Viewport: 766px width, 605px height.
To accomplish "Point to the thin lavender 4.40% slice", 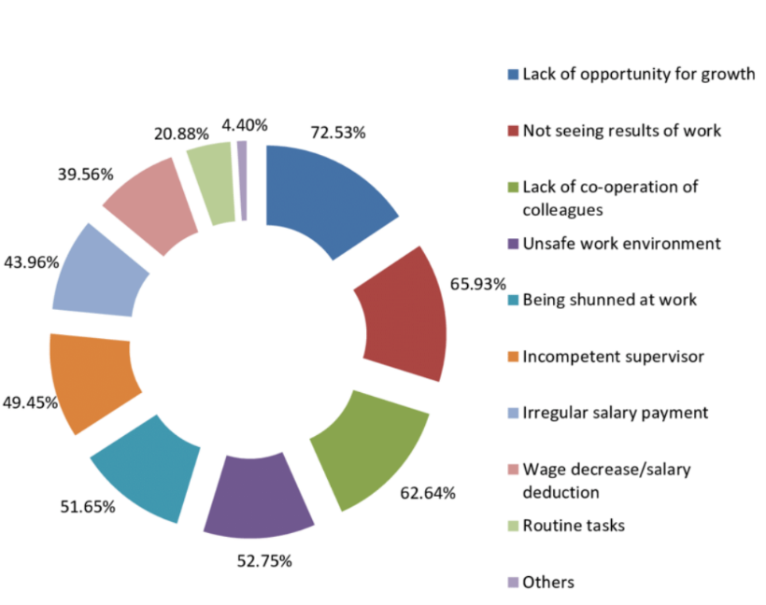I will tap(242, 180).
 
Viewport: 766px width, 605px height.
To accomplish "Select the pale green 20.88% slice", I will tap(211, 182).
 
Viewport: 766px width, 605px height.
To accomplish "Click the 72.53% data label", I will tap(337, 133).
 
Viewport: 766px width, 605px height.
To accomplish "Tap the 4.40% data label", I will tap(245, 124).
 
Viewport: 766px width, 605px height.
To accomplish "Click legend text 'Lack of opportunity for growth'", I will tap(638, 74).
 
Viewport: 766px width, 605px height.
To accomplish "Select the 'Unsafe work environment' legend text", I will tap(621, 244).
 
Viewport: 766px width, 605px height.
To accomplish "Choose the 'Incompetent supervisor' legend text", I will tap(613, 357).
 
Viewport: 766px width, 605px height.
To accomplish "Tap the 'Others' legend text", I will tap(548, 583).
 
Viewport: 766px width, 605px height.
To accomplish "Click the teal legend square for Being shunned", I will tap(513, 301).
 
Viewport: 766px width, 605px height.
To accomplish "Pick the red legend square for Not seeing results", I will tap(513, 131).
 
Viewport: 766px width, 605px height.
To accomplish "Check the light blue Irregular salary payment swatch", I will tap(513, 414).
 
